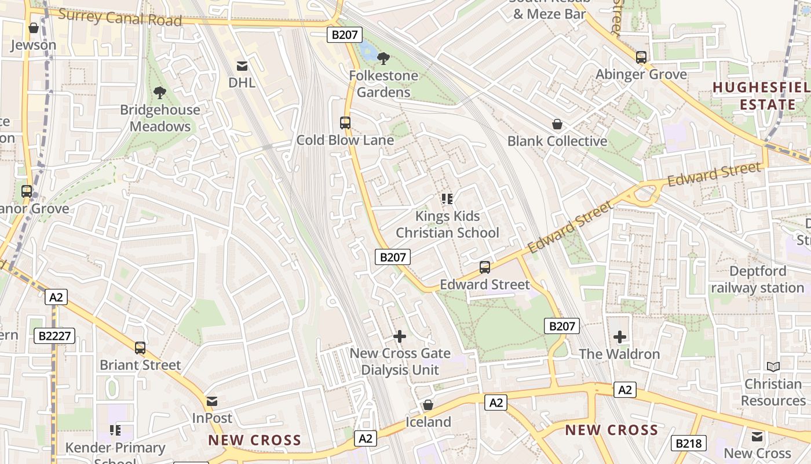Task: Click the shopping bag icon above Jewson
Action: coord(33,28)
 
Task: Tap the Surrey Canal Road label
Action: coord(120,17)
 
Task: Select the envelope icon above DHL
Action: coord(242,66)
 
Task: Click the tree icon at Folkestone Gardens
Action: coord(383,58)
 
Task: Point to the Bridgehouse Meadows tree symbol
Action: coord(159,92)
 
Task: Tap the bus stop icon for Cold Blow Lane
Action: coord(345,123)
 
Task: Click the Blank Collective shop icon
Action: coord(557,124)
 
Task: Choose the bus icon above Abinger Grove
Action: coord(641,57)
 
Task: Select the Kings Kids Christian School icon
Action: coord(447,199)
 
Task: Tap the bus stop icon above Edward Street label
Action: coord(485,267)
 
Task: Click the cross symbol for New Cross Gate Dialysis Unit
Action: coord(399,336)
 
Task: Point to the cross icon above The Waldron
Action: coord(619,336)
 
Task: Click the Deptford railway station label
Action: coord(758,280)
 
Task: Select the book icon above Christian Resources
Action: coord(773,367)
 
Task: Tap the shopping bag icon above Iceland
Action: coord(428,405)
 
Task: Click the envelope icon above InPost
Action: coord(212,401)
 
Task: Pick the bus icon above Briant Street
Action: coord(140,348)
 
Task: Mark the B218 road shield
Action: coord(688,444)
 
